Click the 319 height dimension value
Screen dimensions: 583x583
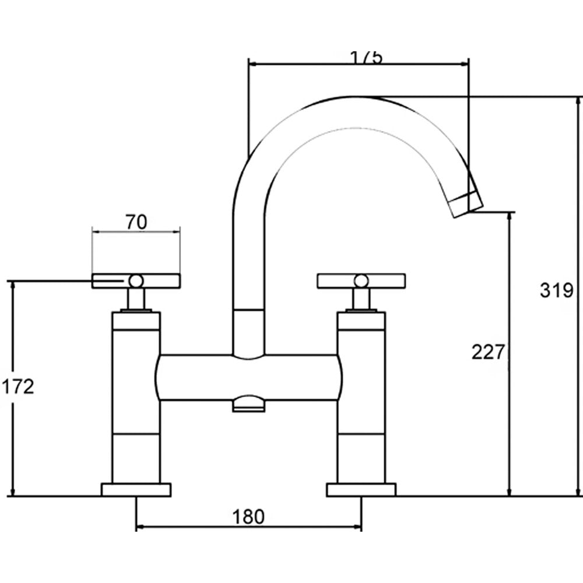(x=557, y=290)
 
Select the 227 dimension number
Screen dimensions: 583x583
(x=487, y=352)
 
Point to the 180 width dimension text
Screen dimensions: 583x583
(x=248, y=516)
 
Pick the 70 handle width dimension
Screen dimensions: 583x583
(x=136, y=222)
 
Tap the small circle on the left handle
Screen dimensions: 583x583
(x=136, y=281)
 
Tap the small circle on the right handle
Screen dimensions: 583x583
(x=361, y=281)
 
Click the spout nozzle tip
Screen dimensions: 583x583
(x=468, y=204)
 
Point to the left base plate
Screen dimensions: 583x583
(x=136, y=489)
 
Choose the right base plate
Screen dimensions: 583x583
(x=361, y=489)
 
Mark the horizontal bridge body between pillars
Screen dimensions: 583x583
(x=248, y=377)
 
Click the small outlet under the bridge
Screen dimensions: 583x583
(x=248, y=405)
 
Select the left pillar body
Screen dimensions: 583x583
(x=136, y=402)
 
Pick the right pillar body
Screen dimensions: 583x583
(x=361, y=402)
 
